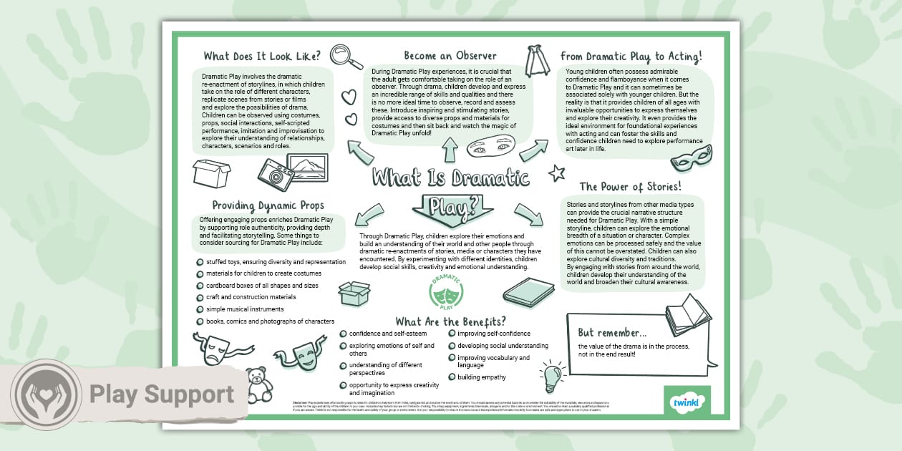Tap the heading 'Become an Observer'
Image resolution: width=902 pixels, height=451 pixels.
[x=450, y=55]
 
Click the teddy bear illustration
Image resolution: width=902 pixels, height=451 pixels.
[x=258, y=385]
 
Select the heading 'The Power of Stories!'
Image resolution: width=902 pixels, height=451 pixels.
[x=630, y=187]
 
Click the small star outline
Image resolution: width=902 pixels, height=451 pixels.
[x=556, y=173]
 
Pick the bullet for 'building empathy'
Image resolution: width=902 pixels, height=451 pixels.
[x=452, y=377]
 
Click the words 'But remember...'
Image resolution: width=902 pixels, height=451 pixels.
[x=612, y=333]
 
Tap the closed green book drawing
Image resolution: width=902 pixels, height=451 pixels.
[x=528, y=291]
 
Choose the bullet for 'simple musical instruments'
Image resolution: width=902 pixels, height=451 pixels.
[x=200, y=309]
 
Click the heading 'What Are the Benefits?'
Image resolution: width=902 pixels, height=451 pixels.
[x=450, y=321]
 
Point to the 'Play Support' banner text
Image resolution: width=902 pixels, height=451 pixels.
[x=162, y=394]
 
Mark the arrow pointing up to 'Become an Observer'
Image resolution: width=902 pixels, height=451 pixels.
[x=450, y=150]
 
